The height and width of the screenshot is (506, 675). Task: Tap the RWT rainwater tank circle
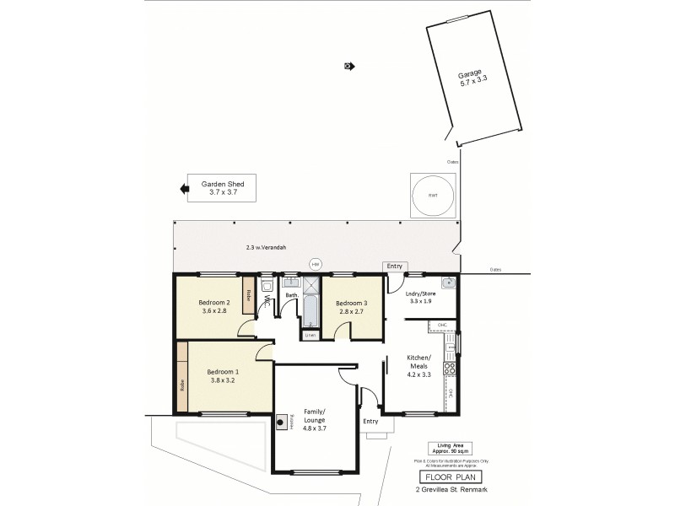coord(433,196)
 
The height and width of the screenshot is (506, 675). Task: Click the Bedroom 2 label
coord(214,306)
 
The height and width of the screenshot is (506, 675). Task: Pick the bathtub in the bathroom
coord(309,310)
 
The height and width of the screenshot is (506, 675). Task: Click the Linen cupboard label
coord(310,335)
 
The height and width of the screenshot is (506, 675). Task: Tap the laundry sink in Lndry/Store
coord(449,283)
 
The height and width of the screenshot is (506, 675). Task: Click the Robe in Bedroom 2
coord(248,297)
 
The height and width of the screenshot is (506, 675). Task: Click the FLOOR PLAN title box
coord(449,476)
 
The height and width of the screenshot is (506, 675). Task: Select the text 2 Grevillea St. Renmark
coord(449,490)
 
